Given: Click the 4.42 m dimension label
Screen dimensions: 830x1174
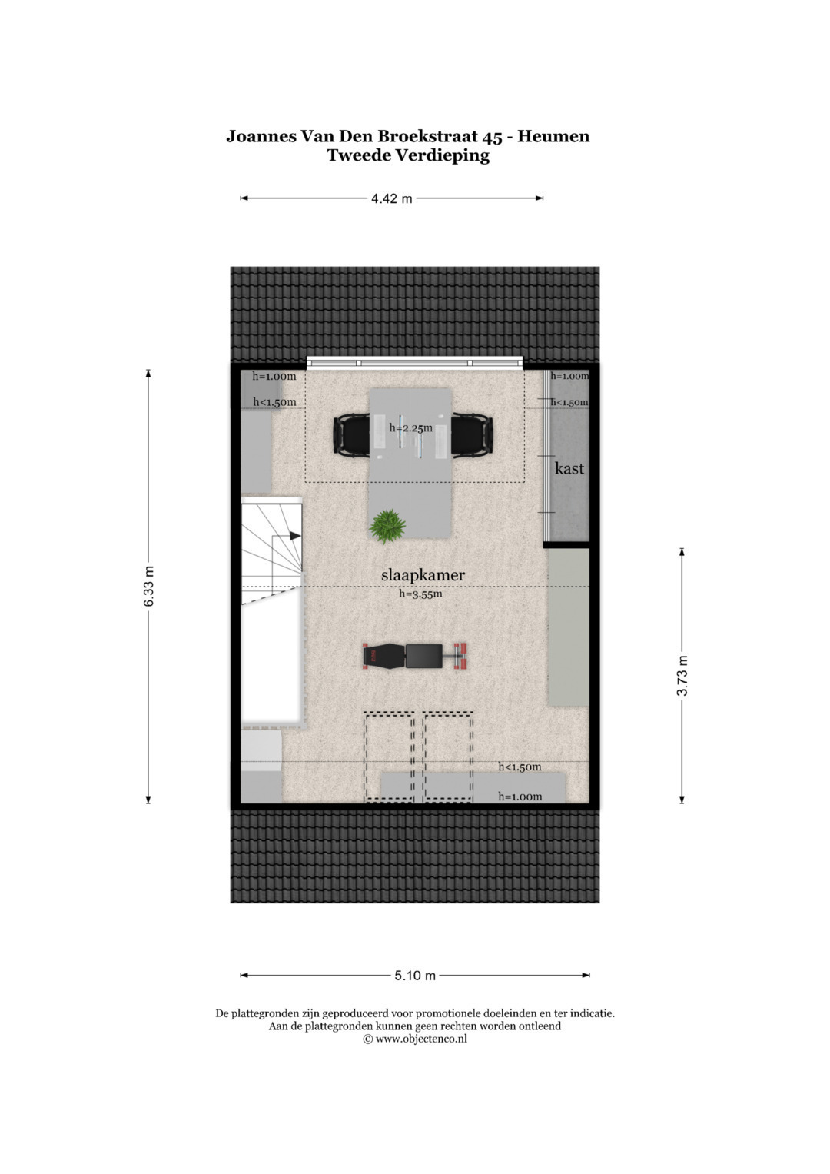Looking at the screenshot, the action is pyautogui.click(x=391, y=198).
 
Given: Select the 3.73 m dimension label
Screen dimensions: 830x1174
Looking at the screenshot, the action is pyautogui.click(x=682, y=676).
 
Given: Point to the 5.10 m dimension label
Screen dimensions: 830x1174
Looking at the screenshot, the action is pyautogui.click(x=415, y=976).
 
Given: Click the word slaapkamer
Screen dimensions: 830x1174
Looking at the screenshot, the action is pyautogui.click(x=423, y=575).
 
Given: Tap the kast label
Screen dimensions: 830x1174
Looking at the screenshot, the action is pyautogui.click(x=569, y=468).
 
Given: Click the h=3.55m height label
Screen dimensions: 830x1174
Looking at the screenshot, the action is pyautogui.click(x=421, y=594).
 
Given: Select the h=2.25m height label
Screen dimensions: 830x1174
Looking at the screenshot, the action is pyautogui.click(x=411, y=427).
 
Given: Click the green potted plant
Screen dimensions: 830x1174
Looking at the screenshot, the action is pyautogui.click(x=387, y=526).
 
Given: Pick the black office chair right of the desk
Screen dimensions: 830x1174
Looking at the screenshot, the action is pyautogui.click(x=472, y=434).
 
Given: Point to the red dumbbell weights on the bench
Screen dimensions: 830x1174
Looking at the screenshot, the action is pyautogui.click(x=460, y=657).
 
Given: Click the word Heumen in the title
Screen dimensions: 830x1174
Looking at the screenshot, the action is pyautogui.click(x=553, y=136).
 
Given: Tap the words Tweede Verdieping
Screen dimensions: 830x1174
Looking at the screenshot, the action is pyautogui.click(x=408, y=155).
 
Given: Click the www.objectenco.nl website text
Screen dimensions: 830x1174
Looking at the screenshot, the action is pyautogui.click(x=421, y=1039).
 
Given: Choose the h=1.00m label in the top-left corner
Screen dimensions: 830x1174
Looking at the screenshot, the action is pyautogui.click(x=274, y=376).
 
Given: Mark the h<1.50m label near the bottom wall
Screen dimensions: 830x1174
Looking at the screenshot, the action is pyautogui.click(x=520, y=767).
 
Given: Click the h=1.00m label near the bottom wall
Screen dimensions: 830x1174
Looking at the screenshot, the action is pyautogui.click(x=520, y=797).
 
